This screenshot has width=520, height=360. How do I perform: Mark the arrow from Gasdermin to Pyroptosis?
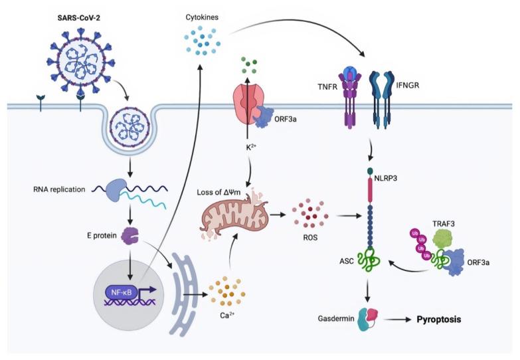tap(398, 320)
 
